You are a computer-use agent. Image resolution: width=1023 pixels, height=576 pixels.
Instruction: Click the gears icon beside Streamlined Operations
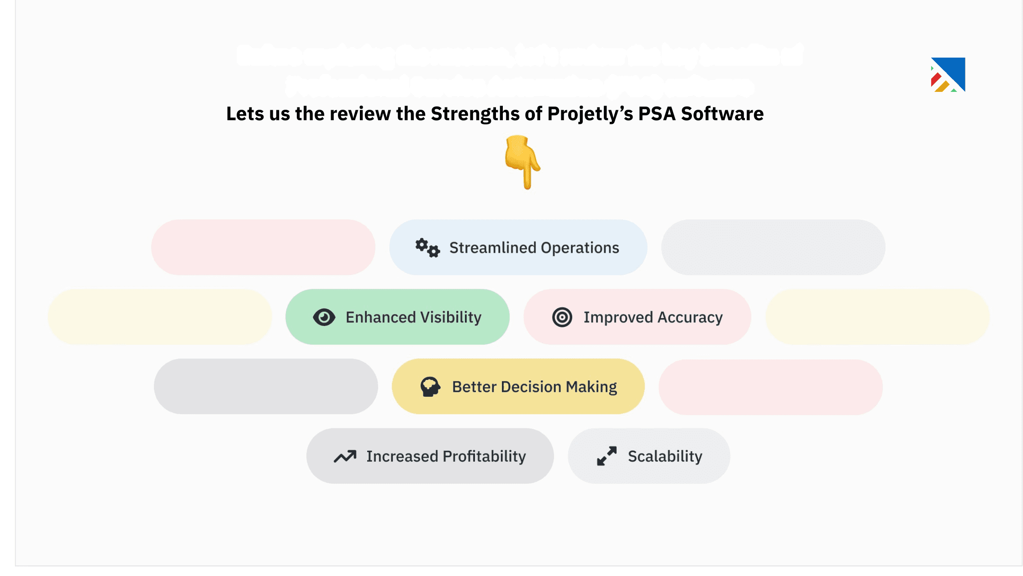tap(427, 248)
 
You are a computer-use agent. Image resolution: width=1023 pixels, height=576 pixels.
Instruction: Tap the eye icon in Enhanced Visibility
tap(324, 317)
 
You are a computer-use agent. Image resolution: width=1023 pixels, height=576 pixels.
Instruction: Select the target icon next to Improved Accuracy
tap(562, 317)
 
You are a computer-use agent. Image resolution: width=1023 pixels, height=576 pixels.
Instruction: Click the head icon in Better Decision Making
tap(430, 387)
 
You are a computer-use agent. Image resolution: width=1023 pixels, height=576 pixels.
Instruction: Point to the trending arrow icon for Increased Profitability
tap(345, 456)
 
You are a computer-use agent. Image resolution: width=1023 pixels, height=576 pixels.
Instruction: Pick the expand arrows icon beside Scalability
tap(606, 456)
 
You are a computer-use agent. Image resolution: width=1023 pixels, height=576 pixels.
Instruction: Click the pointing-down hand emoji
tap(522, 162)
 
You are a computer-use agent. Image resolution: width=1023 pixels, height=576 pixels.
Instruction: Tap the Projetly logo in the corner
tap(948, 75)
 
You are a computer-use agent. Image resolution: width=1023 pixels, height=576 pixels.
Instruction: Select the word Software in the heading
tap(722, 114)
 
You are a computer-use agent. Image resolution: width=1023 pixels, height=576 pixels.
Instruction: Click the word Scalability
tap(665, 456)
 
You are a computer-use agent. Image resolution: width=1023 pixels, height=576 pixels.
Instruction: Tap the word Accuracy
tap(690, 317)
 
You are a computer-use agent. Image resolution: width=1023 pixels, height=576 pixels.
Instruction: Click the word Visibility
tap(451, 317)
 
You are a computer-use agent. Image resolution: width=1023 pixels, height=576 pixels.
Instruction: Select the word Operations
tap(580, 248)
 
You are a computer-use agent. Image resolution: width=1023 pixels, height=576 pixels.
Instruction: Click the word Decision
tap(531, 387)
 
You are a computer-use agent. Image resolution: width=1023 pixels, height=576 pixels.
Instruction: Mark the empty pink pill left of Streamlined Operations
tap(263, 247)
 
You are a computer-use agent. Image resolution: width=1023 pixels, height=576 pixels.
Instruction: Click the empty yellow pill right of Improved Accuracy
tap(877, 317)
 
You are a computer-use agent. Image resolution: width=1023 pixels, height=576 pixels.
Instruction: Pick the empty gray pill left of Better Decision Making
tap(266, 386)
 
